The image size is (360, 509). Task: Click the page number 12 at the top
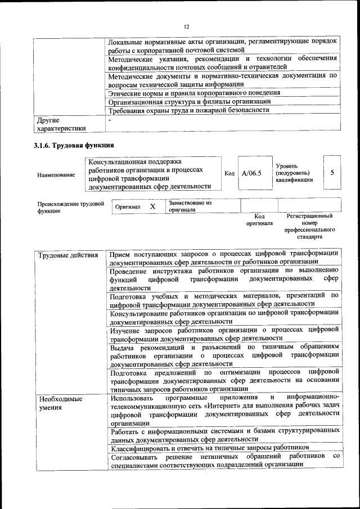point(186,26)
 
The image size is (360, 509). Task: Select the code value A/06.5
point(251,173)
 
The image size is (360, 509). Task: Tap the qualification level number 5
point(332,173)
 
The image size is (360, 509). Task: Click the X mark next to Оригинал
point(152,206)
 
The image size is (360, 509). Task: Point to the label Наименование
point(56,175)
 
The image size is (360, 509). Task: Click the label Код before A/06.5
point(229,173)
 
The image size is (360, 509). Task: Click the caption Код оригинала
point(259,219)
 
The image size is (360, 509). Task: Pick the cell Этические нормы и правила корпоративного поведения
point(194,93)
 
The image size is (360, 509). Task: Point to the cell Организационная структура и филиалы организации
point(190,101)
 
